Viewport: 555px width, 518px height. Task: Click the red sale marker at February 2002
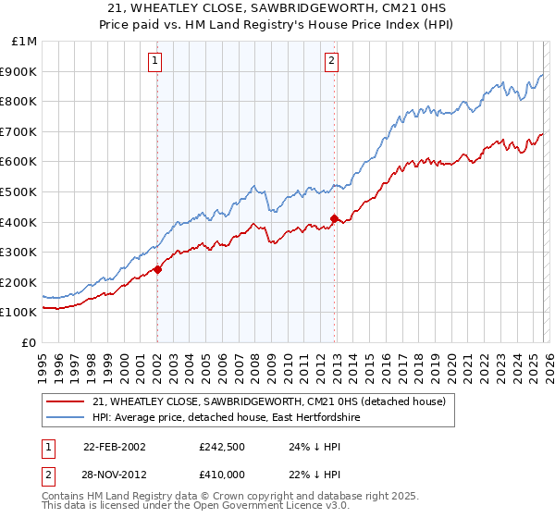pyautogui.click(x=158, y=269)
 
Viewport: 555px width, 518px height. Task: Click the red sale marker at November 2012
pyautogui.click(x=334, y=219)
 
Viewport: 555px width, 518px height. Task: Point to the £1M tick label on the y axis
pyautogui.click(x=25, y=41)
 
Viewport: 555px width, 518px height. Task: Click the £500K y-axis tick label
pyautogui.click(x=20, y=191)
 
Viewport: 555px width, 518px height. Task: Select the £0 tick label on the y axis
pyautogui.click(x=29, y=342)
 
